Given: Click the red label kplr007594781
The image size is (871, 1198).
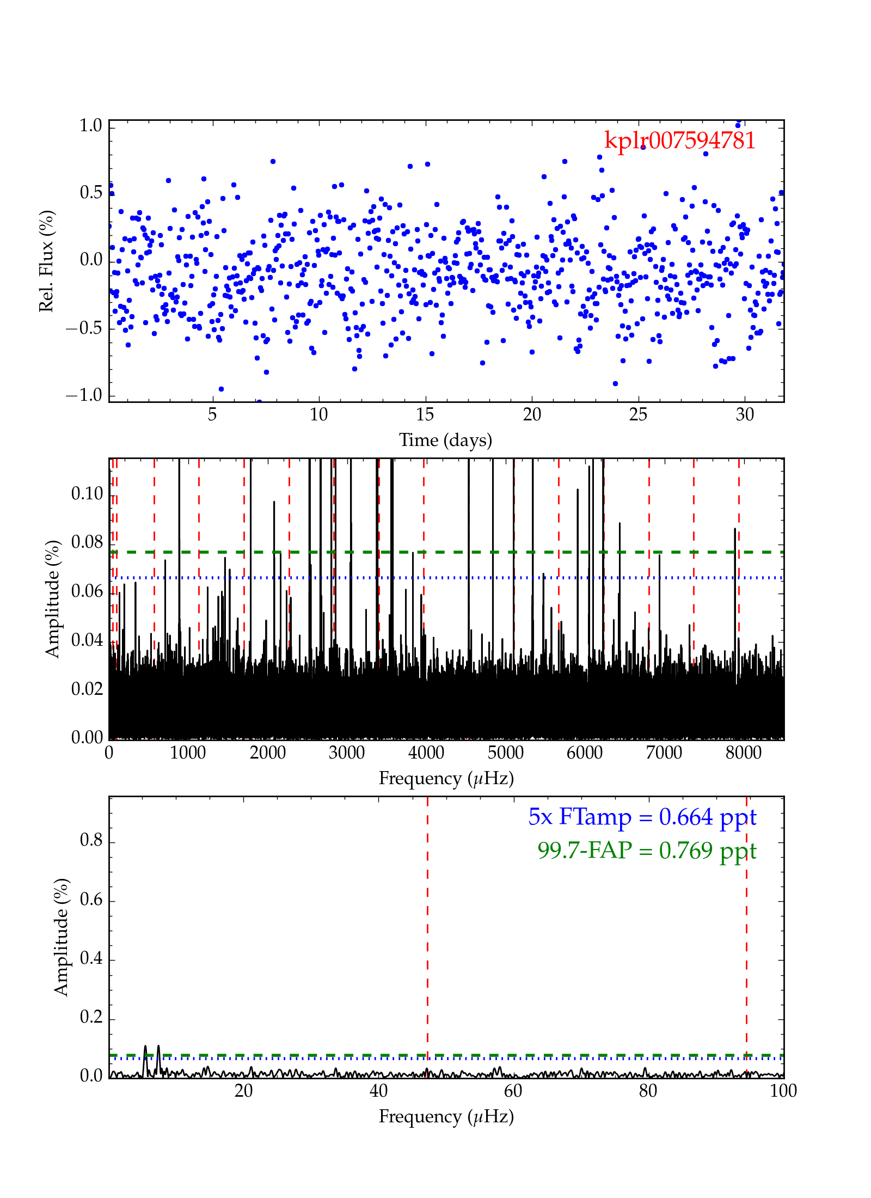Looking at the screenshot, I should [680, 140].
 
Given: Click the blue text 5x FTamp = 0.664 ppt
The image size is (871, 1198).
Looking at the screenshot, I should [642, 817].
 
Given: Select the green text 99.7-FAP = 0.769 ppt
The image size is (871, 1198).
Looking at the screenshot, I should [647, 851].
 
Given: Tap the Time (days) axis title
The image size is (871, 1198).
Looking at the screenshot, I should [445, 440].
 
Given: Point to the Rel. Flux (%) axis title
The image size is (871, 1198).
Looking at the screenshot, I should [47, 261].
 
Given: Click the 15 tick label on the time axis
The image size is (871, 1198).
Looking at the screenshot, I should [425, 415].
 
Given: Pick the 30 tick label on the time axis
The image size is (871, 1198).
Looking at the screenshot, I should [745, 415].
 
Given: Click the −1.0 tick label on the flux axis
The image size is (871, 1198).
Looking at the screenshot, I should [84, 395].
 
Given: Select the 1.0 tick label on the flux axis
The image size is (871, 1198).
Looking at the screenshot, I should [91, 126].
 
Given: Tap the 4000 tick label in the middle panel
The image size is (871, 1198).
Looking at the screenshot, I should [426, 753].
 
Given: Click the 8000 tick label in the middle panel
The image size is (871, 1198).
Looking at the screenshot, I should [743, 753].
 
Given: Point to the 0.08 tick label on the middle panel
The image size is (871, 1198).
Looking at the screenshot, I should [87, 542].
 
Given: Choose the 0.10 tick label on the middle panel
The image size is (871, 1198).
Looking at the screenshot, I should [87, 494].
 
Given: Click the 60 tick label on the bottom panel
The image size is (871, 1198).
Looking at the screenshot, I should [513, 1091].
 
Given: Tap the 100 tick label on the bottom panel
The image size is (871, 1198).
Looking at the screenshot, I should [783, 1091].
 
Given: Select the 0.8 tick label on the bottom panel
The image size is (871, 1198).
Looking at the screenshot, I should [91, 840].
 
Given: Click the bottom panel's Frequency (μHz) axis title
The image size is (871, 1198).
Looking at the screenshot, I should [446, 1116].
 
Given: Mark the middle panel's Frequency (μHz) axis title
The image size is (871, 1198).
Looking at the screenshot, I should [446, 778].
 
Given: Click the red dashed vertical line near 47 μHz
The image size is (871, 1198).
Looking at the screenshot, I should [427, 926].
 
